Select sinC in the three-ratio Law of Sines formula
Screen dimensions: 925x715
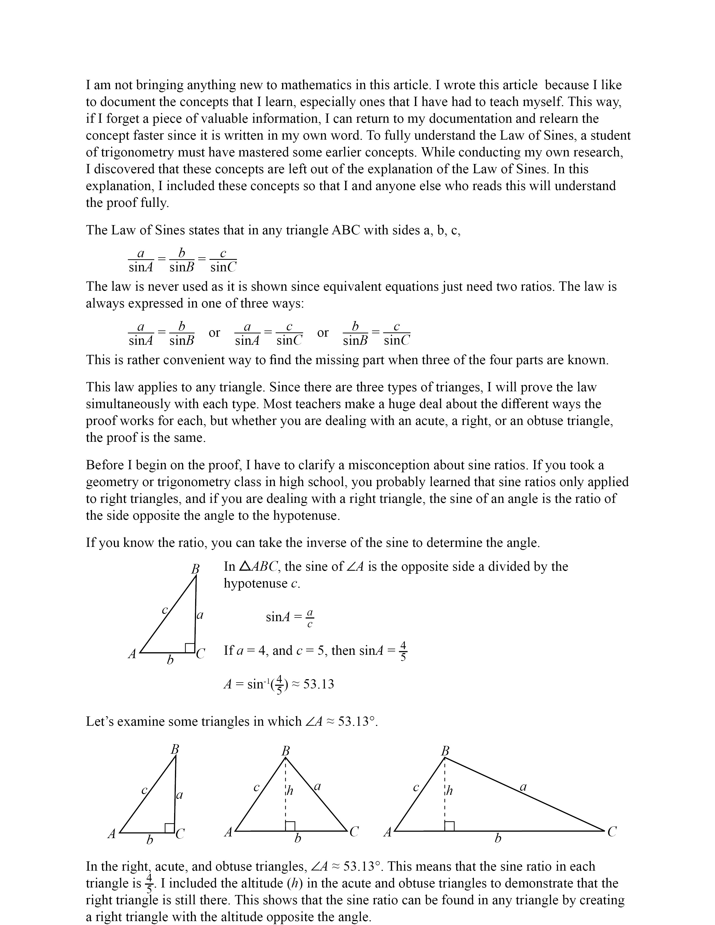tap(223, 267)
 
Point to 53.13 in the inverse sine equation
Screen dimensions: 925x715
tap(319, 684)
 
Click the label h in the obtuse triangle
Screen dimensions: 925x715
tap(449, 790)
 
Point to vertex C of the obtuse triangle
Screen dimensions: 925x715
tap(612, 832)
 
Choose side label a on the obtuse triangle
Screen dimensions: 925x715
tap(523, 787)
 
